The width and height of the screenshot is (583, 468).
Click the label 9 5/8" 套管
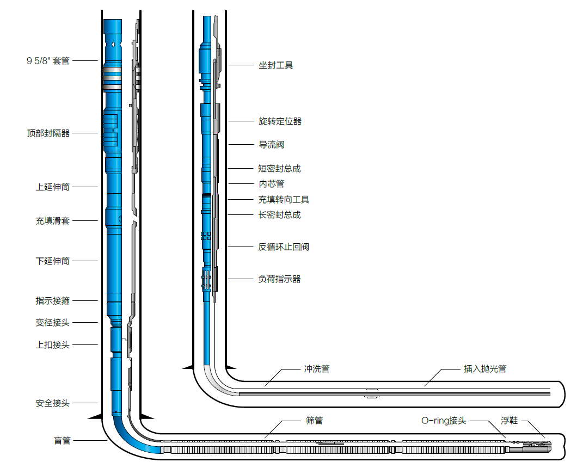(x=48, y=61)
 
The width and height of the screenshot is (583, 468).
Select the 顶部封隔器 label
(x=48, y=133)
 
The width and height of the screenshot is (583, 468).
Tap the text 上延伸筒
(x=52, y=187)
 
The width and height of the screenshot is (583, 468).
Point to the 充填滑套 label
(x=52, y=221)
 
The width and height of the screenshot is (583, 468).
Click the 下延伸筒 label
(x=52, y=261)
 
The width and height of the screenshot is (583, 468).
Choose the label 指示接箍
(x=52, y=301)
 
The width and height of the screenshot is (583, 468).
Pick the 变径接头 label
(x=52, y=323)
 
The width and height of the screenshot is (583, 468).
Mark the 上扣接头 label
(x=52, y=344)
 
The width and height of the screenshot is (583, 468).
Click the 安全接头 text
(x=52, y=403)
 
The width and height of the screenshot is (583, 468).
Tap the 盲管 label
(x=62, y=440)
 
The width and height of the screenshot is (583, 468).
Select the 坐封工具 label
(x=275, y=65)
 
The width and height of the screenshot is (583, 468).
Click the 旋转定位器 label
(x=280, y=121)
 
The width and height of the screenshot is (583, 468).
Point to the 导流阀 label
(x=271, y=145)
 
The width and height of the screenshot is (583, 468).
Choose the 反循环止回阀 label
(x=284, y=247)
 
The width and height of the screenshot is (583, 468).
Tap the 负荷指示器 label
(x=279, y=279)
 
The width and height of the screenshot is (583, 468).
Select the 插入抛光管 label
(x=485, y=369)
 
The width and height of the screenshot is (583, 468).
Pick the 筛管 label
(x=314, y=421)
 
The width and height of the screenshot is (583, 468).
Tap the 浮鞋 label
(x=510, y=421)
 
